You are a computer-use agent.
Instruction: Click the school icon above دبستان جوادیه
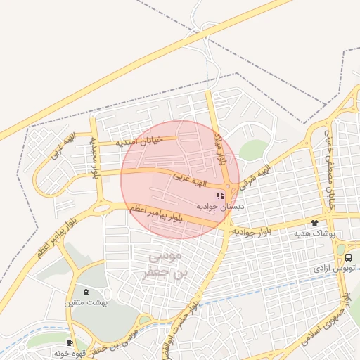(x=220, y=195)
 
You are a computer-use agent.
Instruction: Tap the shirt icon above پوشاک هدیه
(x=314, y=223)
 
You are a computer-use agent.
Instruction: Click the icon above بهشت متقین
(x=86, y=292)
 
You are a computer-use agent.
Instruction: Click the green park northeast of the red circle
(x=253, y=150)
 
